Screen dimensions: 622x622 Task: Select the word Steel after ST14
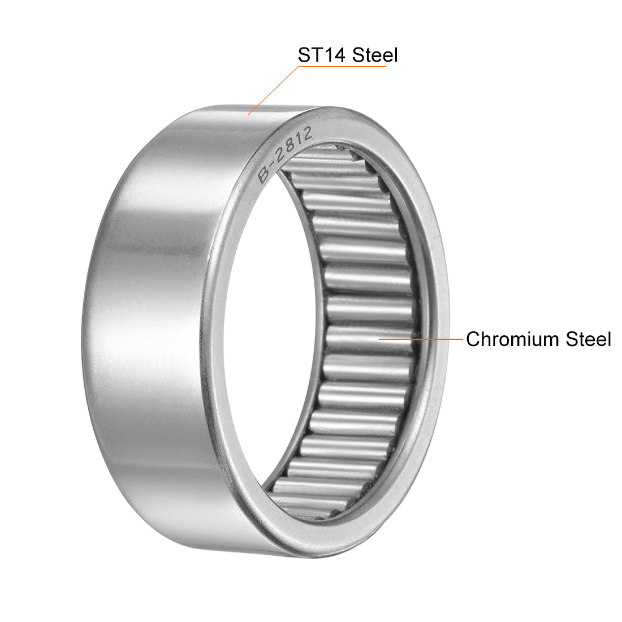coord(374,55)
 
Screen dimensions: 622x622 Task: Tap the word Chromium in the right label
coord(512,339)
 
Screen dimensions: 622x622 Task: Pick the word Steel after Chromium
coord(588,339)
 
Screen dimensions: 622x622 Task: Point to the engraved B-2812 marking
coord(285,155)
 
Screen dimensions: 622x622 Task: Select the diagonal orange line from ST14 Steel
coord(273,90)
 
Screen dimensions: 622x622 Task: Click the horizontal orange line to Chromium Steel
coord(421,339)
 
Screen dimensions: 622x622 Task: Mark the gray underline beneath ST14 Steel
coord(342,67)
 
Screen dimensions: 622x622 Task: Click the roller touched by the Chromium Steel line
coord(370,339)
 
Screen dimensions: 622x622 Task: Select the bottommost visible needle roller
coord(305,512)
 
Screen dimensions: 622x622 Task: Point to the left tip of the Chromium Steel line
coord(379,339)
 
